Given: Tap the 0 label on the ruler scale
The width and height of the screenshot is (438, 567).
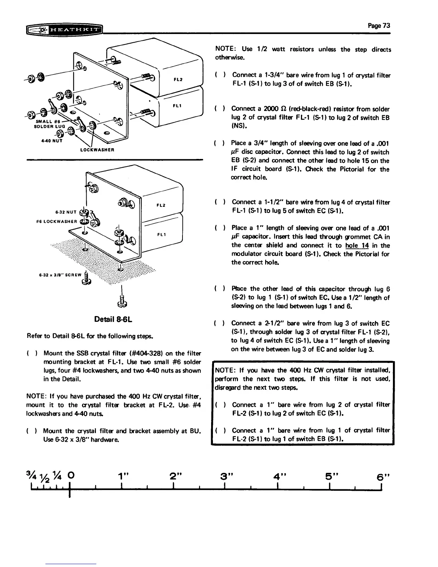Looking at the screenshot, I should (70, 476).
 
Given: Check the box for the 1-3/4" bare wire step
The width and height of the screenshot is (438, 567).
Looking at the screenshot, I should (219, 75).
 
